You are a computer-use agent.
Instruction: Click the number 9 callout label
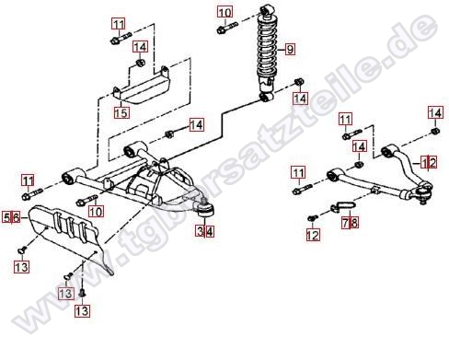(290, 49)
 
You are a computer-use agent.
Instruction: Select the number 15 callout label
(121, 112)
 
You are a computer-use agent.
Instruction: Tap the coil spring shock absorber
(268, 52)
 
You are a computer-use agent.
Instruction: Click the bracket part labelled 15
(143, 87)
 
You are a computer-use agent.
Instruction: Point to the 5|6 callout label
(12, 217)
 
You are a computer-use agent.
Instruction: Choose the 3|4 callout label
(205, 231)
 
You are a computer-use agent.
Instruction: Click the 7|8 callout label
(350, 222)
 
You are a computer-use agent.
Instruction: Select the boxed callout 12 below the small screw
(313, 235)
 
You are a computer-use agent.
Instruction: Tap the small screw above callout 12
(313, 218)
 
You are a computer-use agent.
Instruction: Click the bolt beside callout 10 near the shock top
(227, 28)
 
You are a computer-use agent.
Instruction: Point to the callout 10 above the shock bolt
(225, 13)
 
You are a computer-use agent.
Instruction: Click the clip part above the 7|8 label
(343, 206)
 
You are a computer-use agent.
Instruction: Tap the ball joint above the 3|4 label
(205, 209)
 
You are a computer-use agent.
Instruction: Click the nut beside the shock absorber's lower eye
(299, 82)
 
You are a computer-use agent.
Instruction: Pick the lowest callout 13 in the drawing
(82, 311)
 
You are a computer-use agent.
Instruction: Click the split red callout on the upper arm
(429, 162)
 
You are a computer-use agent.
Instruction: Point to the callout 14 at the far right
(435, 113)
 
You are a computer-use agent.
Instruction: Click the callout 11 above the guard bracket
(119, 24)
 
